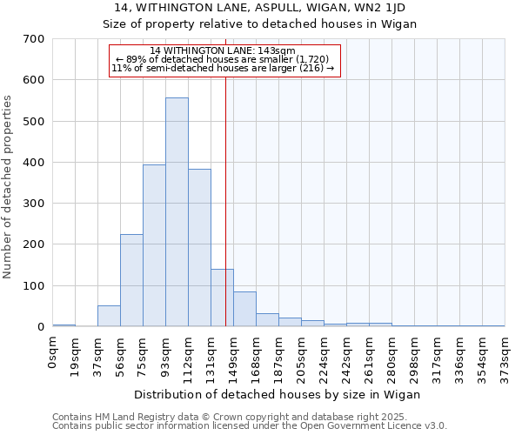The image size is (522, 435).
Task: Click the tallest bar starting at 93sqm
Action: click(177, 212)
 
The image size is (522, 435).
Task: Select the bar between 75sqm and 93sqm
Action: click(154, 245)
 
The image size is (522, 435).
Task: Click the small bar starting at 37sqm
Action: click(109, 316)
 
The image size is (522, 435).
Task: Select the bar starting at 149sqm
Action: click(244, 309)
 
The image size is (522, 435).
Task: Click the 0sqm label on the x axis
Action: click(52, 351)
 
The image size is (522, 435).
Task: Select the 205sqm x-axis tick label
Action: click(301, 357)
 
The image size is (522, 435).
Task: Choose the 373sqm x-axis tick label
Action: click(505, 357)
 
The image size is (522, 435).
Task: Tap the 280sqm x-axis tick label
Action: click(391, 357)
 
